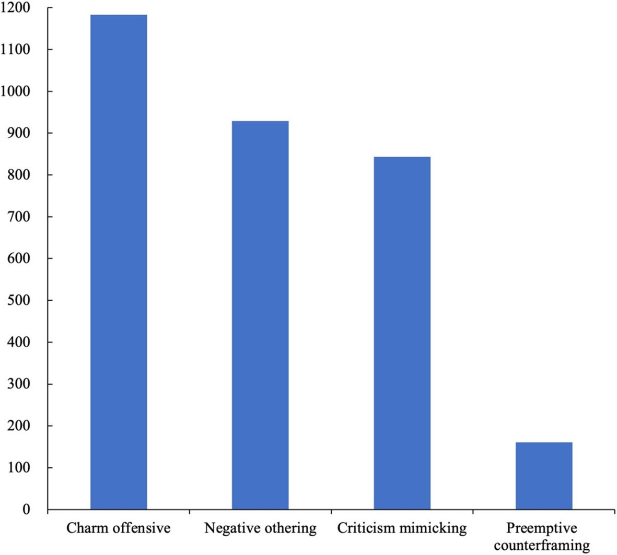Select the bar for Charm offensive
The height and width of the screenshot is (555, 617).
pos(119,262)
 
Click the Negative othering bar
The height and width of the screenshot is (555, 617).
pos(260,315)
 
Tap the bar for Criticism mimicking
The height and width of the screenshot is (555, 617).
pos(402,333)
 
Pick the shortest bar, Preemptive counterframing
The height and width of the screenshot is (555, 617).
pos(544,476)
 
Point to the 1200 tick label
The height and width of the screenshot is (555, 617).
pos(15,7)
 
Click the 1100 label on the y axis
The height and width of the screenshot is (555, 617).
pos(15,50)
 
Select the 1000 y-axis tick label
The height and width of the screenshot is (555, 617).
pos(15,91)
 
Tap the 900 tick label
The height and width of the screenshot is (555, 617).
pos(18,133)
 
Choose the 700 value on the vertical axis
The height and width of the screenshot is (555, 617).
pos(18,217)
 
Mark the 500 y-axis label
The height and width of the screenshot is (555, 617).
pos(18,300)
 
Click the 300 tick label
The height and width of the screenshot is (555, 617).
pos(18,384)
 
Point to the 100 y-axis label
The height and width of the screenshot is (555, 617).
pos(18,468)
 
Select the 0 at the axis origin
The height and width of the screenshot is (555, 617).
pos(26,510)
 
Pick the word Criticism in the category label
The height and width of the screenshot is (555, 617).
pos(366,528)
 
